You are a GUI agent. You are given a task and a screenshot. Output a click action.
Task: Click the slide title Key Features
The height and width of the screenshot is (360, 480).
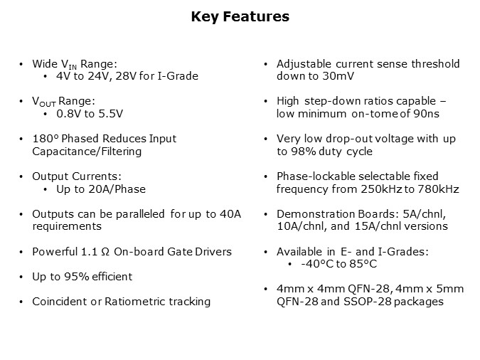[240, 17]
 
